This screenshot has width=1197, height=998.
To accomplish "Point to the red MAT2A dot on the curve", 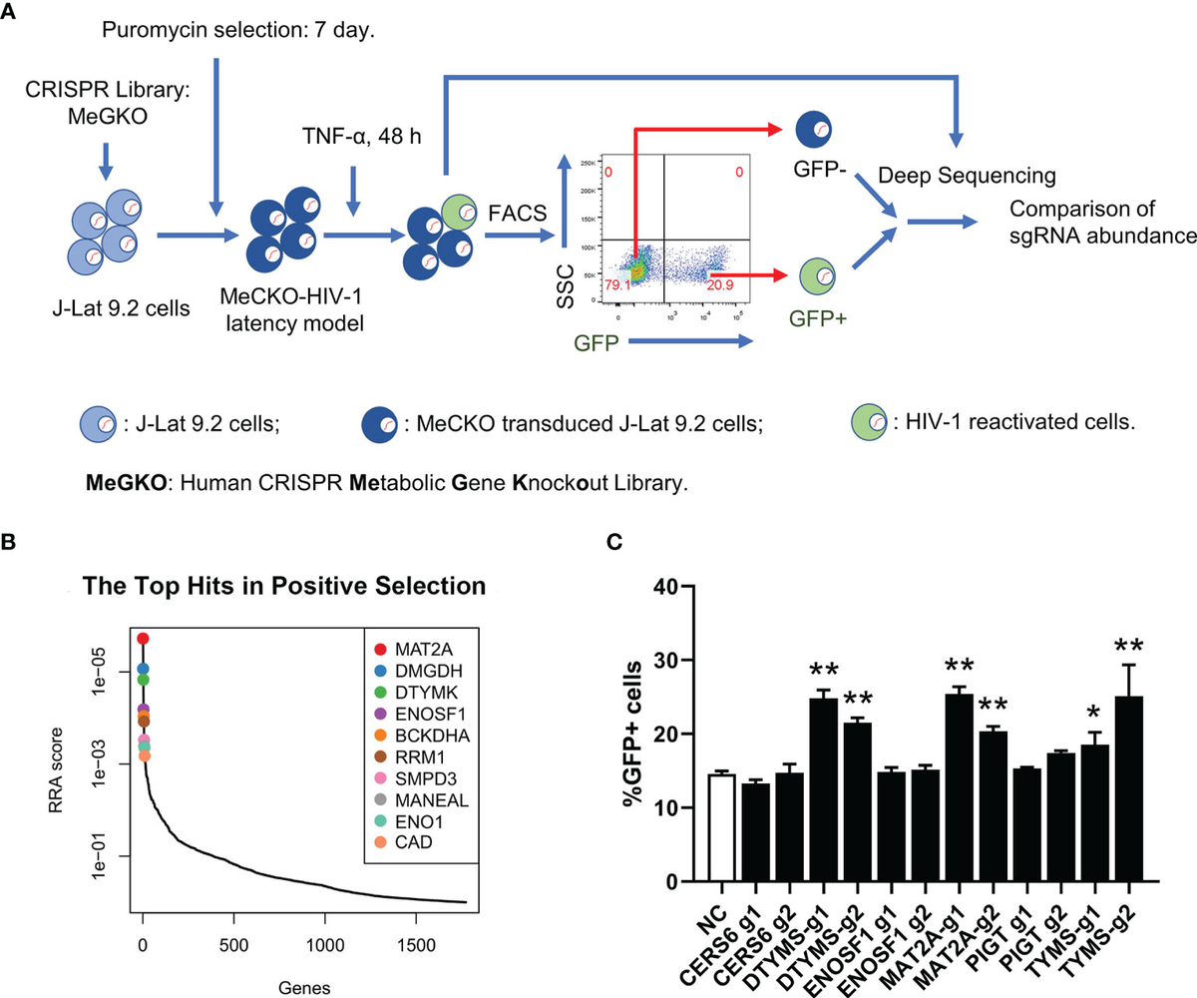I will [x=143, y=639].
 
